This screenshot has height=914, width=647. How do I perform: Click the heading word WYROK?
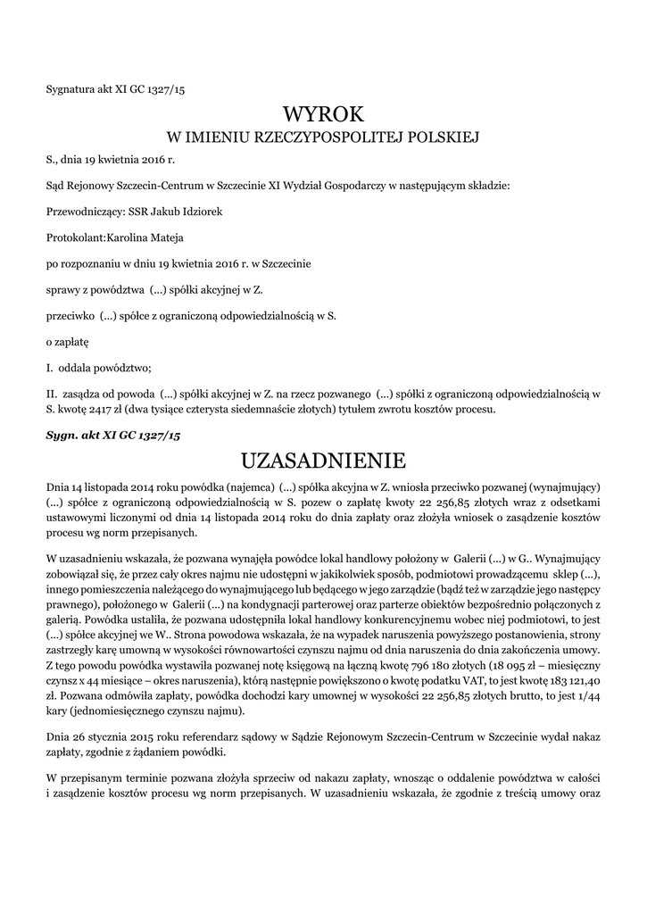323,114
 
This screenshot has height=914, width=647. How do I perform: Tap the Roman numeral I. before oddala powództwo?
50,367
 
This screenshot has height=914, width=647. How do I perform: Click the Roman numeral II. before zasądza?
52,392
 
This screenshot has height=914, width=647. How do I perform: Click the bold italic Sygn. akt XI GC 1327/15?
112,435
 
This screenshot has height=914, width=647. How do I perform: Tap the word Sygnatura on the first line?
70,88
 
